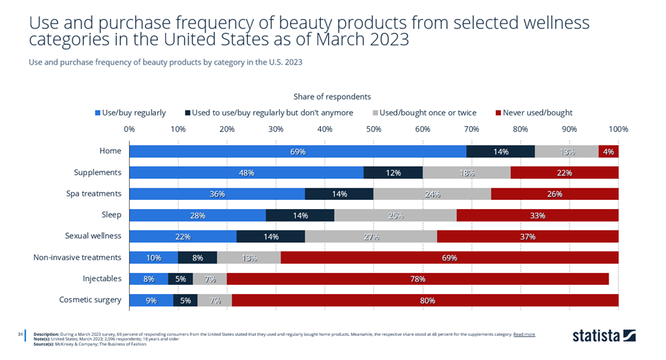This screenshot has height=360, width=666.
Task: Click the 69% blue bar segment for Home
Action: tap(298, 151)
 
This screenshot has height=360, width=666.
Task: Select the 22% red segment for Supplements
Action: tap(564, 172)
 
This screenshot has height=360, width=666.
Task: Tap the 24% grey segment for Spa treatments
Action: tap(431, 193)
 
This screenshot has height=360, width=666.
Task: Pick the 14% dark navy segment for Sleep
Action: tap(300, 215)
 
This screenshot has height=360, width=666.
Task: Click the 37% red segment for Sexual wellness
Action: tap(527, 236)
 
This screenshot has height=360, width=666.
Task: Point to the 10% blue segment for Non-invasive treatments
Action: tap(154, 257)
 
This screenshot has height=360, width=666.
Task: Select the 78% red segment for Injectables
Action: tap(417, 279)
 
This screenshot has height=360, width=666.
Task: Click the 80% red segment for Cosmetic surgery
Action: tap(425, 300)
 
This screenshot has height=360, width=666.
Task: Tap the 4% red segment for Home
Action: tap(609, 151)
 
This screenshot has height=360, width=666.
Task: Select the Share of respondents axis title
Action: tap(332, 96)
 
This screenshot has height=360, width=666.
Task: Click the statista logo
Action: tap(604, 334)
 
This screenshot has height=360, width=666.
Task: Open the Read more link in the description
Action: tap(524, 334)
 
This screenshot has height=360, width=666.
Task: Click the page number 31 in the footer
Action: tap(21, 334)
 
